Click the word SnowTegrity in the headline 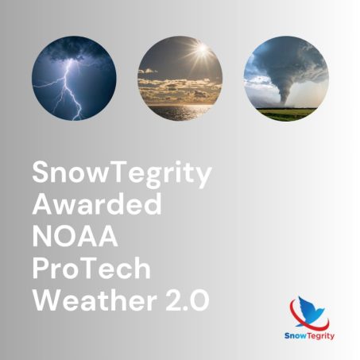[121, 174]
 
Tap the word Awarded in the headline [96, 205]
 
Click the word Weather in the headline [83, 300]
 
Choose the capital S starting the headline [41, 172]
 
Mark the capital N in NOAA [42, 236]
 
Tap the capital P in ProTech [41, 268]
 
